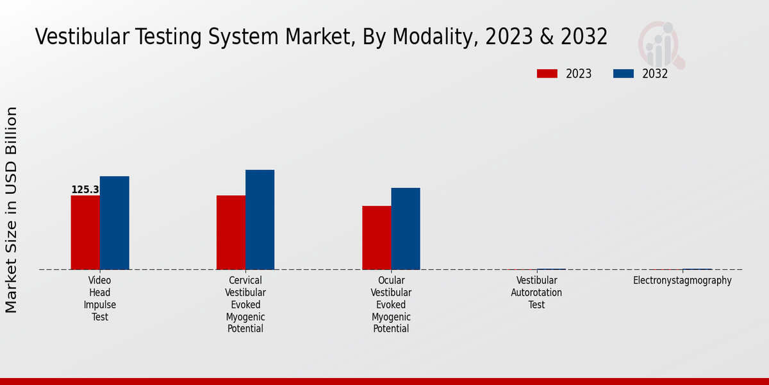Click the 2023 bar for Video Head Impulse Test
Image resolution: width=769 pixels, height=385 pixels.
(x=85, y=232)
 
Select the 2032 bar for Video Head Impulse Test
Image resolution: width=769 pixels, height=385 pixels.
(x=114, y=223)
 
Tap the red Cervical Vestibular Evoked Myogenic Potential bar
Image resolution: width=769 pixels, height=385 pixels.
(x=231, y=232)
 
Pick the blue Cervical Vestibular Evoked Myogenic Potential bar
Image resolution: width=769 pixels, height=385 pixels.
(x=260, y=219)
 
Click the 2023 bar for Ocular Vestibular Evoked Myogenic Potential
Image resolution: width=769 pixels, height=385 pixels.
(x=376, y=237)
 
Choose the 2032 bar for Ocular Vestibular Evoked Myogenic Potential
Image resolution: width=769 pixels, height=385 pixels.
(x=406, y=228)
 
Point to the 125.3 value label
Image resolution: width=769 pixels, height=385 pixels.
(x=85, y=190)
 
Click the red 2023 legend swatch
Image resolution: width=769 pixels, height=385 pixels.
(x=547, y=74)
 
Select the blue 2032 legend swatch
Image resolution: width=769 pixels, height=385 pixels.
(x=623, y=74)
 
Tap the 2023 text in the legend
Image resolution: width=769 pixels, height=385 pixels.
(x=579, y=74)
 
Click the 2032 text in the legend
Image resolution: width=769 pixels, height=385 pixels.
(x=655, y=74)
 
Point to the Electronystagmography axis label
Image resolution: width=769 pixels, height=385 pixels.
(x=682, y=280)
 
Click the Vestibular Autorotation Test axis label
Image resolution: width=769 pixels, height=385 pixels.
(x=536, y=293)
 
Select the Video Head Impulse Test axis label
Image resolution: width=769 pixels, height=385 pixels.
(x=100, y=298)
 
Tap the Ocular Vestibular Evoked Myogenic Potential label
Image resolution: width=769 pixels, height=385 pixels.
(x=391, y=305)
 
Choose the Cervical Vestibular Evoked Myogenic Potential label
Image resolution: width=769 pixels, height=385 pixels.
(x=245, y=305)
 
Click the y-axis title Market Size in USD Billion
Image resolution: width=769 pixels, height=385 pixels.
(x=12, y=210)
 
